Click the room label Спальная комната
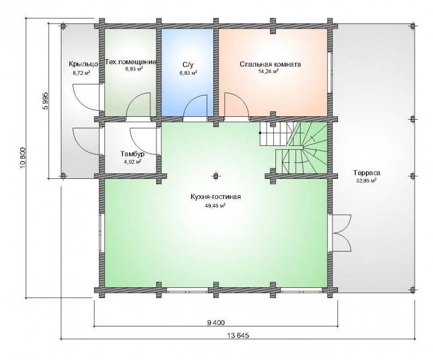tap(270, 64)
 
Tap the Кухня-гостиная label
tap(216, 197)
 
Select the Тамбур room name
tap(132, 154)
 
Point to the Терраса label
tap(367, 173)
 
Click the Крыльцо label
tap(83, 64)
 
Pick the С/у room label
tap(188, 64)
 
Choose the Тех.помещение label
tap(131, 62)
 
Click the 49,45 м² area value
tap(216, 205)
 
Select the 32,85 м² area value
tap(366, 181)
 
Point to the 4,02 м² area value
tap(133, 162)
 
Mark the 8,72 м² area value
tap(82, 73)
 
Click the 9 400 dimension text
tap(216, 323)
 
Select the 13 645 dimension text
tap(238, 336)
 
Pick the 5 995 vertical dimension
tap(45, 101)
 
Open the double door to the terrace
tap(341, 234)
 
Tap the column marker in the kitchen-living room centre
tap(216, 176)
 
